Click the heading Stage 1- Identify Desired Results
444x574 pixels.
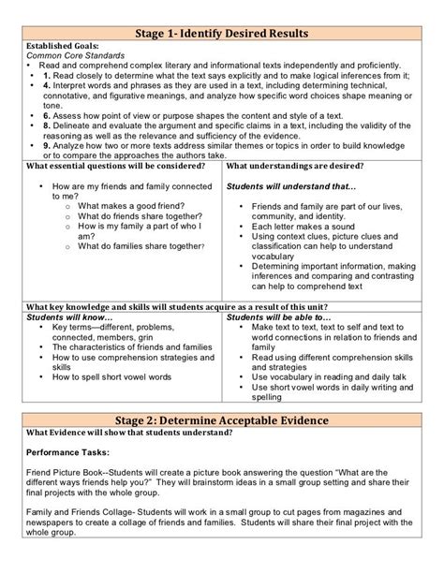[x=222, y=34]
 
